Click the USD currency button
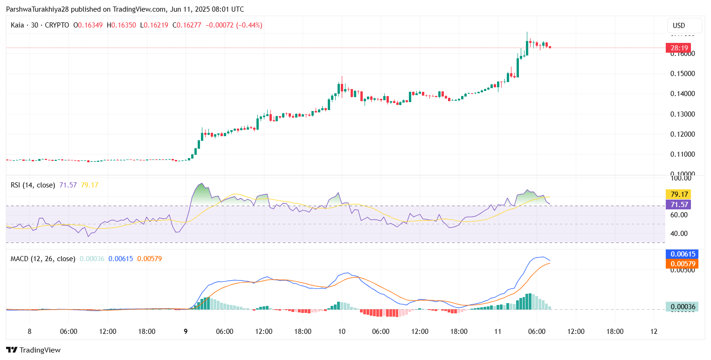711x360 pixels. pos(684,25)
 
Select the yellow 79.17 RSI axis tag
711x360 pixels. pos(679,194)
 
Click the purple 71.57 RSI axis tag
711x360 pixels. pos(679,204)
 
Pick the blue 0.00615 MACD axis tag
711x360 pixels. pos(683,254)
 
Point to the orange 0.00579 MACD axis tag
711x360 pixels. pos(683,264)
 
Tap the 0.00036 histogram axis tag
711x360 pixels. pos(683,307)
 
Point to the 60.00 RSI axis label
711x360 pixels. pos(679,215)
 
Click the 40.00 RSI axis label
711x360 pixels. pos(679,234)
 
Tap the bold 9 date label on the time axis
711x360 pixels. pos(186,332)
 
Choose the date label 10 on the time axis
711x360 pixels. pos(342,332)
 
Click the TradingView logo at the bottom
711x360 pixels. pos(34,350)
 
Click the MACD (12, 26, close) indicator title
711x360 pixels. pos(43,258)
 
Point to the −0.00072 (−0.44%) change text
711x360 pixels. pos(234,25)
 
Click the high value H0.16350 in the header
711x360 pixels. pos(122,25)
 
